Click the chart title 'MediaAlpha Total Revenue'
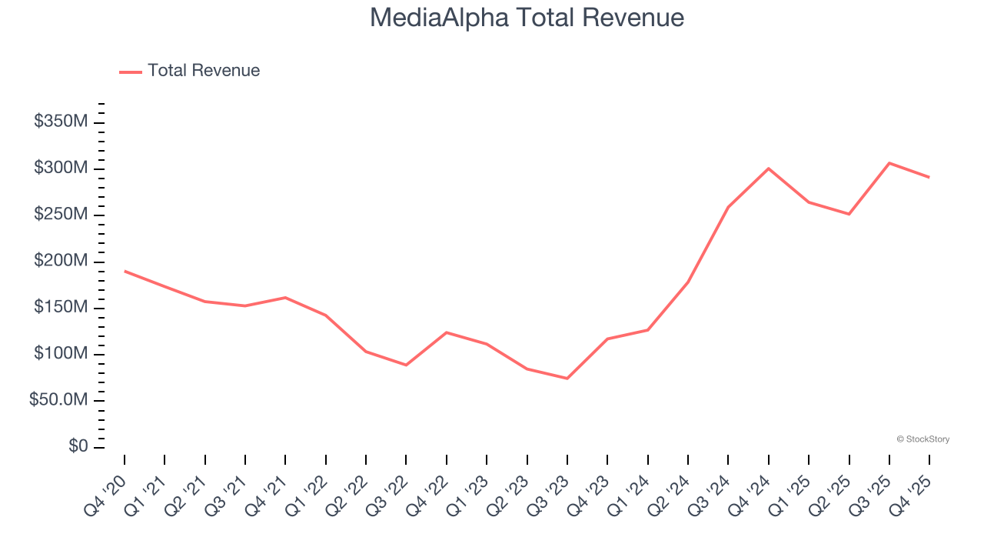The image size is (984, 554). point(527,18)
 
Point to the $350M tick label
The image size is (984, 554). point(61,122)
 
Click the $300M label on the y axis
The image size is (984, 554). point(61,169)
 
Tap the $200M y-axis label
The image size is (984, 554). point(61,262)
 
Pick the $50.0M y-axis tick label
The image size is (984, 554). point(58,401)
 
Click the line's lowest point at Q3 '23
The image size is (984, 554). point(567,379)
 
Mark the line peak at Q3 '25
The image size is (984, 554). point(889,163)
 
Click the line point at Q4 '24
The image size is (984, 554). point(769,169)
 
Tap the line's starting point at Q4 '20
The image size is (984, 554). point(125,271)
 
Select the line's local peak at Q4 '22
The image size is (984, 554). point(447,332)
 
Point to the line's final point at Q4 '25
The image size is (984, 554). point(929,178)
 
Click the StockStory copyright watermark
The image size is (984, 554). point(922,439)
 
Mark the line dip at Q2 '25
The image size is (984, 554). point(849,214)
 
